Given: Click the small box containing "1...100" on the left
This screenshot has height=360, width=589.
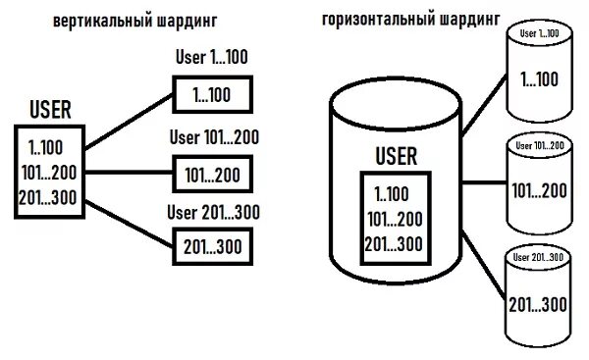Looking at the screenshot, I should [212, 95].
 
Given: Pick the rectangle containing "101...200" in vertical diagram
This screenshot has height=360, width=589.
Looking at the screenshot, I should [212, 174].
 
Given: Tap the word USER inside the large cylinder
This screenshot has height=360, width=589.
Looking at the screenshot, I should [397, 156].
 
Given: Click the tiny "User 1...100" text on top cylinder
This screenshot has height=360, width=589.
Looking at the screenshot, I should [538, 33].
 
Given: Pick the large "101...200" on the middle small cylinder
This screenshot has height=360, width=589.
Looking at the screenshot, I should [539, 189].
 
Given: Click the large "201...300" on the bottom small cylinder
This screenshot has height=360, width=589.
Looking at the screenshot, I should [539, 304].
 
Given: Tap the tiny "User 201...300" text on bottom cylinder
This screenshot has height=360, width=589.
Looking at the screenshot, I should [539, 258].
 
